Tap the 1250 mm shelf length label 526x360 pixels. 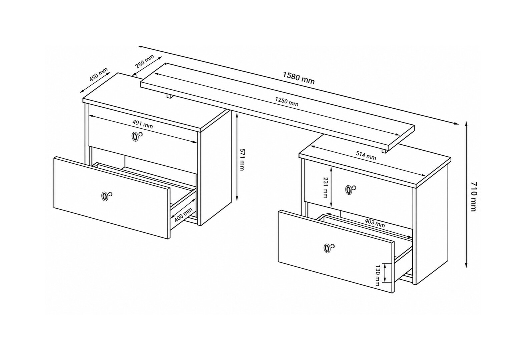point(287,102)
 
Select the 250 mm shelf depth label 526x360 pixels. point(145,61)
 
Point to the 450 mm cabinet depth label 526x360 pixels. point(98,74)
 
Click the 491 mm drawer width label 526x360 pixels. point(143,124)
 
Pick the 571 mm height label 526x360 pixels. point(241,159)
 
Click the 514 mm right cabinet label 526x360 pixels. point(366,156)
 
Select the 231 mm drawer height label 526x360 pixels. point(325,187)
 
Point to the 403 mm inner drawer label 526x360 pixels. point(375,223)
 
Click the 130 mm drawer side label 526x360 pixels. point(378,276)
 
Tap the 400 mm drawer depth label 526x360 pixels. point(183,215)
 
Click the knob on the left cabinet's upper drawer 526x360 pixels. point(136,136)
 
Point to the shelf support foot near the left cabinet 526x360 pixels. point(169,96)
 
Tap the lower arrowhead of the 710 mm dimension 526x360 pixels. point(467,265)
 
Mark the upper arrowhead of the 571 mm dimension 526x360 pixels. point(237,116)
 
